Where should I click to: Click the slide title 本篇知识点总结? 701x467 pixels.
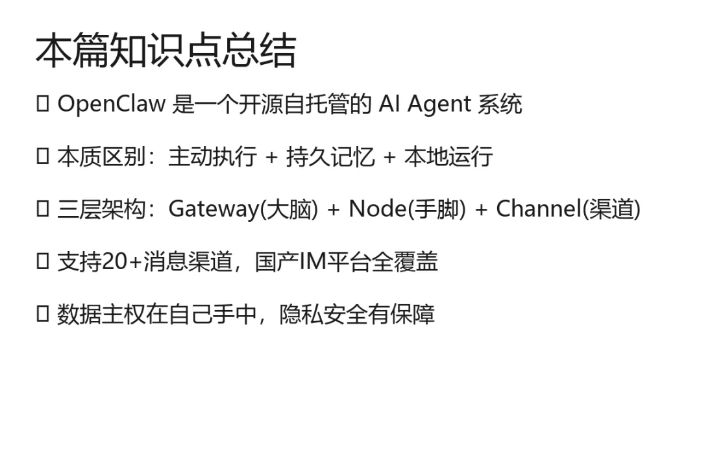pyautogui.click(x=166, y=52)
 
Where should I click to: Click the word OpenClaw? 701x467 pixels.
pyautogui.click(x=111, y=104)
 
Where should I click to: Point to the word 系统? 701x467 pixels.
pyautogui.click(x=500, y=104)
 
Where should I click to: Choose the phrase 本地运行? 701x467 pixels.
pyautogui.click(x=449, y=157)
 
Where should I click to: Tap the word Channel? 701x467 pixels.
pyautogui.click(x=539, y=209)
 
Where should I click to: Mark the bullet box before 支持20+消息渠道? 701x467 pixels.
pyautogui.click(x=43, y=261)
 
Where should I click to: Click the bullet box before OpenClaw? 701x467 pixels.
pyautogui.click(x=43, y=104)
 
